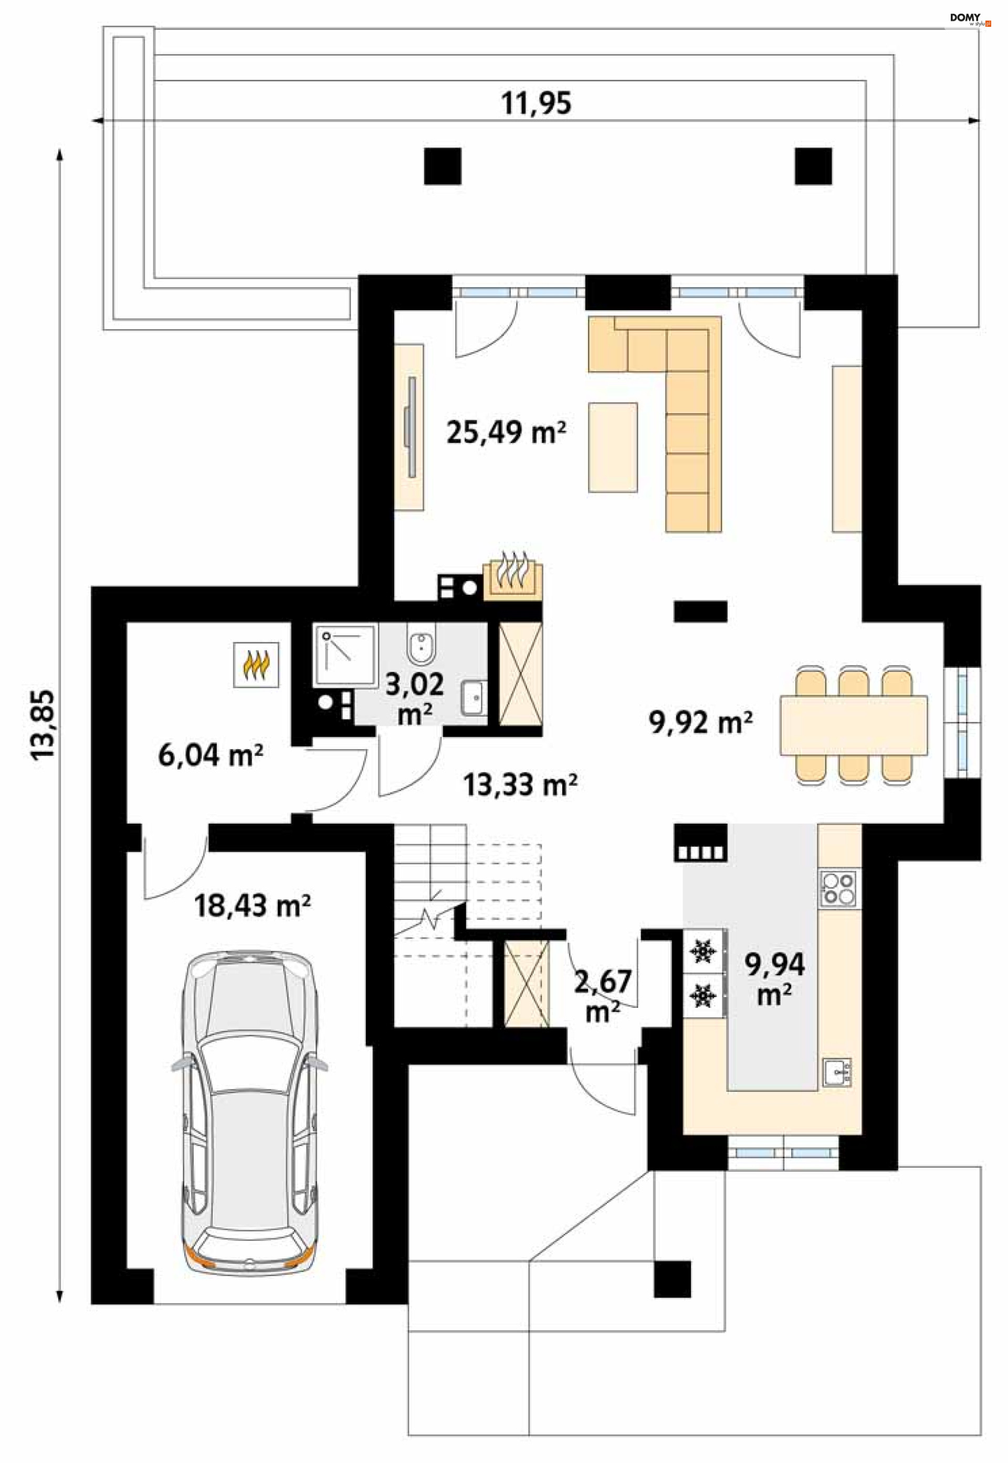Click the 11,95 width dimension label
536,103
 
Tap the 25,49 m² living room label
506,433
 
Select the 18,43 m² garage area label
252,906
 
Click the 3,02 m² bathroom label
414,699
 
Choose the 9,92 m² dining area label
701,722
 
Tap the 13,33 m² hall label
520,785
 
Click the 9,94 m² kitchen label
775,980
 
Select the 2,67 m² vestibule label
603,996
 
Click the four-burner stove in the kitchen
838,888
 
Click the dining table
854,725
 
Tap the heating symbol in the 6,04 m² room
256,664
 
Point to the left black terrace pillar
443,166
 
